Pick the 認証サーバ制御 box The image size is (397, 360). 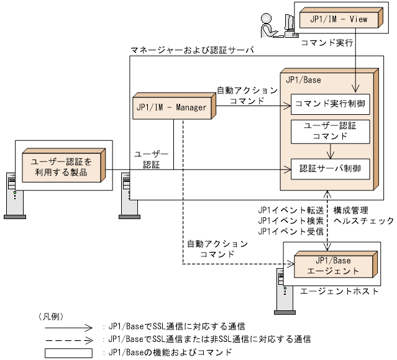coord(330,168)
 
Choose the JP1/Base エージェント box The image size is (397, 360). coord(334,265)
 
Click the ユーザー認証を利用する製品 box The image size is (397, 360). coord(62,166)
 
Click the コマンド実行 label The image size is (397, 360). coord(327,45)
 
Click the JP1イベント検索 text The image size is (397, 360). coord(290,220)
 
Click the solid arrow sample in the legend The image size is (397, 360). coord(68,325)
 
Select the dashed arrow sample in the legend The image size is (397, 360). coord(68,339)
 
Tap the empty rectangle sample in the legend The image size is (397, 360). coord(68,353)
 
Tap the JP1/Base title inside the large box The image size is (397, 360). coord(303,80)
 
